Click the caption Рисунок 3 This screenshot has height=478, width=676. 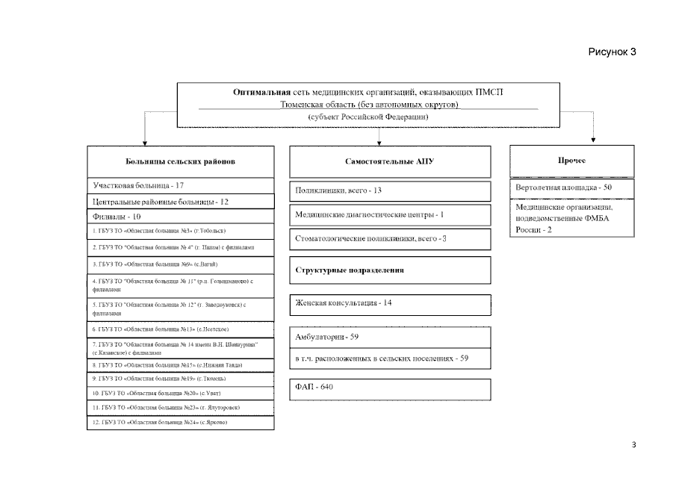point(611,52)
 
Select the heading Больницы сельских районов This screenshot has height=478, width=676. point(180,161)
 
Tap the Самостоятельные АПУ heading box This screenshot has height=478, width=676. point(389,161)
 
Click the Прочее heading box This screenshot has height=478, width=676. point(571,161)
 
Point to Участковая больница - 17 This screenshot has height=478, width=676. point(138,184)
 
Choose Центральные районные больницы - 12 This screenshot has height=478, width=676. point(161,202)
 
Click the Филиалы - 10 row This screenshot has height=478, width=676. point(117,217)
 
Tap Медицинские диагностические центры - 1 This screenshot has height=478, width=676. point(370,214)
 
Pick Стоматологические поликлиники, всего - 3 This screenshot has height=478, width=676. point(370,239)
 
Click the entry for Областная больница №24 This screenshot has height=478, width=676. point(160,423)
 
